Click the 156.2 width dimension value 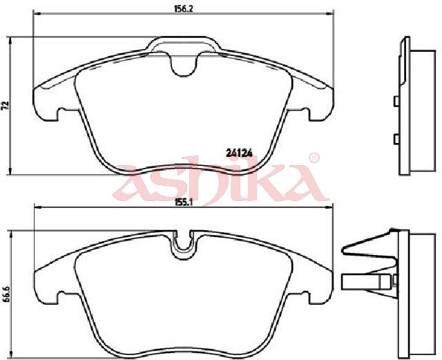click(x=183, y=8)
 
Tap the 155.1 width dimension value click(x=183, y=202)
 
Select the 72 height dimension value click(x=5, y=105)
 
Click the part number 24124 click(x=239, y=152)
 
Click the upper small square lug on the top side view click(x=396, y=102)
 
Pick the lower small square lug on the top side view click(x=396, y=138)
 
